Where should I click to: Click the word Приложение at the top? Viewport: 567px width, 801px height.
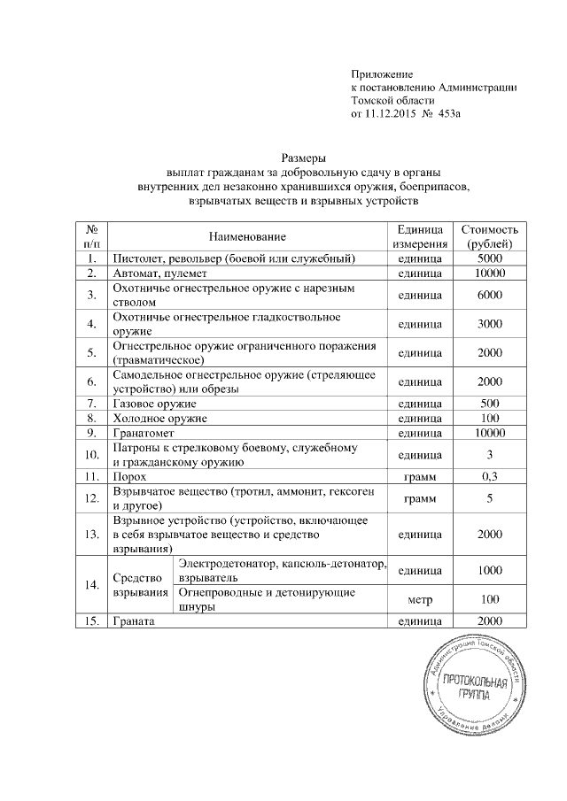383,73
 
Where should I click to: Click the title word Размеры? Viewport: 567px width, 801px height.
302,156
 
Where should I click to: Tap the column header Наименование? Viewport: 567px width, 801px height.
248,236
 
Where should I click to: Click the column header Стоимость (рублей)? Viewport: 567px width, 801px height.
489,236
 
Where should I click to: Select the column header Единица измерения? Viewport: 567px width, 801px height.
420,236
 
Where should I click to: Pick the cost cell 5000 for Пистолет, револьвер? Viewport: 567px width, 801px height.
489,258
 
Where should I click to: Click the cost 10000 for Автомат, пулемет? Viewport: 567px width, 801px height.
489,273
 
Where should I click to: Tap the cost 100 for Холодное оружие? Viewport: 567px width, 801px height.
489,417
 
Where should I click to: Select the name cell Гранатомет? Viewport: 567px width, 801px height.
142,433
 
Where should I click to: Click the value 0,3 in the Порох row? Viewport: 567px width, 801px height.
489,476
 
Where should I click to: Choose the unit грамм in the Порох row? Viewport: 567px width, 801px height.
420,476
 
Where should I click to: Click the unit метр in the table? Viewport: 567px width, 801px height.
420,599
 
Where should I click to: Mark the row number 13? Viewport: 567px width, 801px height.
91,534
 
